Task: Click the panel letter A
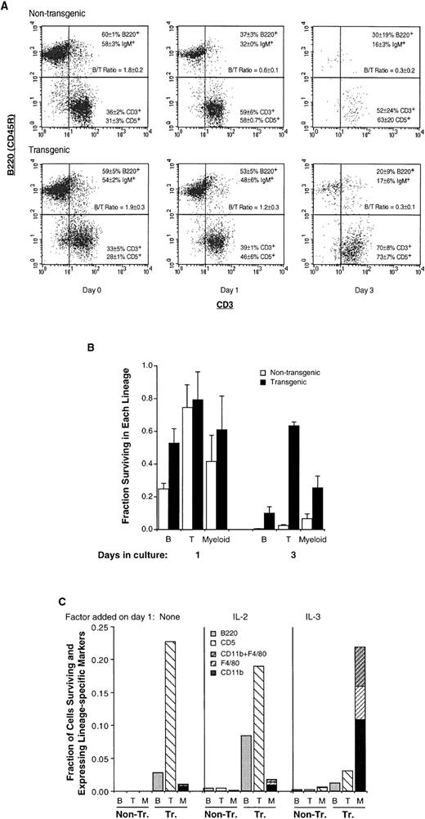6,5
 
